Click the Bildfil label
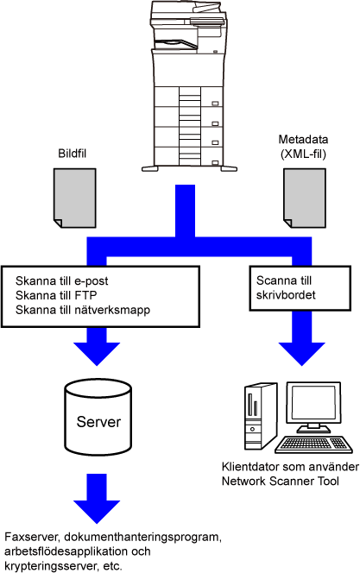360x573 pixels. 72,154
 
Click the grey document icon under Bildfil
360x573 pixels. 75,198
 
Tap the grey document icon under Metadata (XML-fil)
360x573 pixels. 305,198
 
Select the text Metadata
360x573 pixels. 303,139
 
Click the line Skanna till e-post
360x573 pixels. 62,280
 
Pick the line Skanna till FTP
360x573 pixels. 56,295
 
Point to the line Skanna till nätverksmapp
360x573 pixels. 83,310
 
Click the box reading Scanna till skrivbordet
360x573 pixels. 300,288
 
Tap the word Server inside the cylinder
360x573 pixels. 98,422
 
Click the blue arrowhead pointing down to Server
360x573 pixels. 97,353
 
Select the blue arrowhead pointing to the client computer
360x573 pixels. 301,353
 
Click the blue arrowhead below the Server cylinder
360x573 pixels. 97,511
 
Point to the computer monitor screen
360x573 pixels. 313,403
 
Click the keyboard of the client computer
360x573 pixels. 313,444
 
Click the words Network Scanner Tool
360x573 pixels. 280,481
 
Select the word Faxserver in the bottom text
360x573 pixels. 32,537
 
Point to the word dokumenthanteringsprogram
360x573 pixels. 143,538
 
